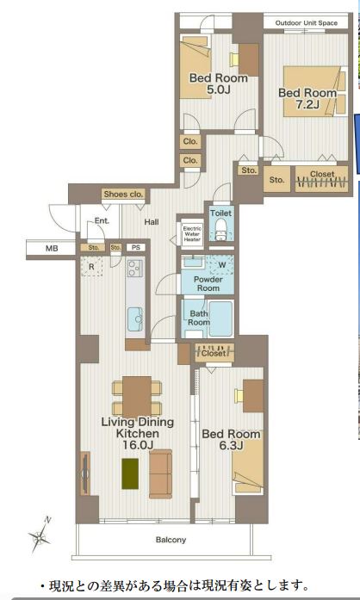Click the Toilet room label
[221, 213]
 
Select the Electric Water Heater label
[192, 234]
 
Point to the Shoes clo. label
[123, 194]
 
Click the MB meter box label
[52, 248]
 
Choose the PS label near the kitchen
[136, 248]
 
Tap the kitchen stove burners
[135, 268]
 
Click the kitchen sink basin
[135, 319]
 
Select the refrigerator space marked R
[91, 266]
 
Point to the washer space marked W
[220, 265]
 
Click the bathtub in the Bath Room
[220, 319]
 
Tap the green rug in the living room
[130, 473]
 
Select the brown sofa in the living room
[160, 473]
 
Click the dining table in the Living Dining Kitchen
[137, 397]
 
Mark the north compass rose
[40, 535]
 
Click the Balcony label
[171, 540]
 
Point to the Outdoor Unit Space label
[307, 23]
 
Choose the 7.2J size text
[307, 104]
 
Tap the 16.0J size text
[138, 445]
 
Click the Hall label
[152, 221]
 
